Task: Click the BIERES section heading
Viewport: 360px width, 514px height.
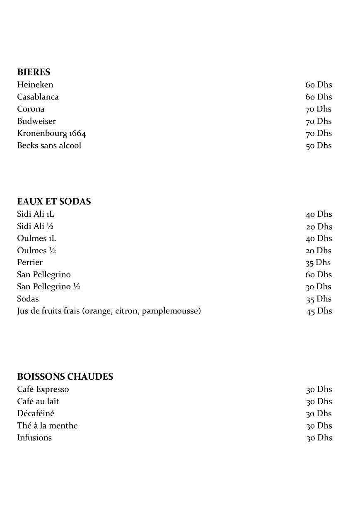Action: pos(34,72)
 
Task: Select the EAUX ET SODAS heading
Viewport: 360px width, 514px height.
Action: pos(54,201)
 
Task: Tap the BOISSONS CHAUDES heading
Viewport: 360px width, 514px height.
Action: pos(65,377)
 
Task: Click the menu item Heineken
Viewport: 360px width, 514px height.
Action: pos(35,85)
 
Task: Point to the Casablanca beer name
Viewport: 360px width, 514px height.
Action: pos(38,97)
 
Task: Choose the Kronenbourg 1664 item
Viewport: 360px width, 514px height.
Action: pos(51,133)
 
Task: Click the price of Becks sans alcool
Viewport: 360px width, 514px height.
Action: pos(319,145)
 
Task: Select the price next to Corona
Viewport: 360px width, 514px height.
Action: pos(319,109)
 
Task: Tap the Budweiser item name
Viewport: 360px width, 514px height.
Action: pos(36,121)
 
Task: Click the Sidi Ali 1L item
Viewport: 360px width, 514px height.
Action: pos(36,214)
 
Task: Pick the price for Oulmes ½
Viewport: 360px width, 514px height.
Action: pos(319,250)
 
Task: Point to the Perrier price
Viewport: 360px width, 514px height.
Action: pos(318,262)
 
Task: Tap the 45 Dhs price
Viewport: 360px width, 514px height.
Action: pos(319,311)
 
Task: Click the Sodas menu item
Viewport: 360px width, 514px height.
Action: pos(28,299)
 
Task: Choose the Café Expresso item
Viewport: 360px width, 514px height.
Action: pos(43,389)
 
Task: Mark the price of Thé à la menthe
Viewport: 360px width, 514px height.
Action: pos(319,426)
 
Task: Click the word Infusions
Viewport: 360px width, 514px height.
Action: pos(34,438)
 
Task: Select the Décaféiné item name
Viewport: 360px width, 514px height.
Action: pos(36,413)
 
